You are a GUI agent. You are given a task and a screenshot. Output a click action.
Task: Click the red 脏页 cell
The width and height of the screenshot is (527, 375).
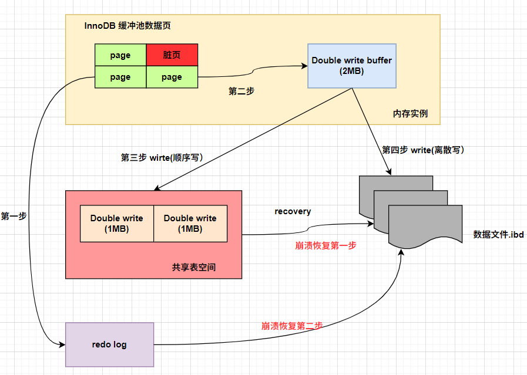172,56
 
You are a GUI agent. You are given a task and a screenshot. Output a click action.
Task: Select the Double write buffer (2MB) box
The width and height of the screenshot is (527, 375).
351,66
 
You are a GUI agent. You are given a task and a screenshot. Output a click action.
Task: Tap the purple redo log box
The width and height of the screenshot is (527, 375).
109,344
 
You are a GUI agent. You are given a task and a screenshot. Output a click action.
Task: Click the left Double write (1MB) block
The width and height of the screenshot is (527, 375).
117,224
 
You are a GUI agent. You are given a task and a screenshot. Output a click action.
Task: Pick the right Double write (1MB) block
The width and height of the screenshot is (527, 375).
190,224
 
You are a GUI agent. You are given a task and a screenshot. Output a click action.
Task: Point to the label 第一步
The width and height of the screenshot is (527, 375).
14,216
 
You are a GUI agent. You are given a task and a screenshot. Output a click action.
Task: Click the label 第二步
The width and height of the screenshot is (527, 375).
241,92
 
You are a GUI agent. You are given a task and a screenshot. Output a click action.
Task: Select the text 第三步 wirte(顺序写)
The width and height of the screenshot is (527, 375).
162,157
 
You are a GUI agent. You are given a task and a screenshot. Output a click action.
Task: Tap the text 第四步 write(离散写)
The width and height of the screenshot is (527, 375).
423,150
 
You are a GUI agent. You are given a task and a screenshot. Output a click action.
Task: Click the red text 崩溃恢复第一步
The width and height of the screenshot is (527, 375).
325,246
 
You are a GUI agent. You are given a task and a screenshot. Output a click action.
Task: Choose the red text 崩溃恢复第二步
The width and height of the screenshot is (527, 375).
292,326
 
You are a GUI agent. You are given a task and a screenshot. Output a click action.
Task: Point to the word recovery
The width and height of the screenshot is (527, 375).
293,211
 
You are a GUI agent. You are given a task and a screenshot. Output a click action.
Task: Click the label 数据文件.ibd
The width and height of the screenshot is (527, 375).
498,235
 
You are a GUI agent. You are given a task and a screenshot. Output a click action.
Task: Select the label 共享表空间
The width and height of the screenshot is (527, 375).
194,267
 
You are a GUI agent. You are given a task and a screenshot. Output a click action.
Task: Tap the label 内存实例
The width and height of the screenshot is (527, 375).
410,113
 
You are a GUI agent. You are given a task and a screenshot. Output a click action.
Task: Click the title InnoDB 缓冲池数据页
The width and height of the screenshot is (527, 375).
127,26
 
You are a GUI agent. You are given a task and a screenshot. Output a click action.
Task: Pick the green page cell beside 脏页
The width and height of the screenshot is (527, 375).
120,56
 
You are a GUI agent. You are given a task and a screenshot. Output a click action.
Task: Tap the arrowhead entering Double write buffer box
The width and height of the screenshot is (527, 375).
305,66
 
